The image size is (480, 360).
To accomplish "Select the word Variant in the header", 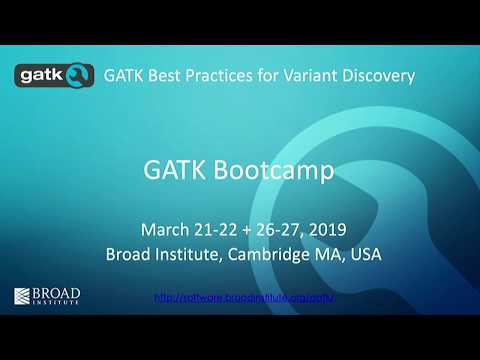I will [x=323, y=74].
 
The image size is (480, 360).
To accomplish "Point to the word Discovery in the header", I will [x=385, y=74].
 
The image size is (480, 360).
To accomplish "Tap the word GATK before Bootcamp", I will [x=174, y=172].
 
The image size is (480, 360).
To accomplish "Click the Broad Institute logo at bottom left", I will [x=46, y=297].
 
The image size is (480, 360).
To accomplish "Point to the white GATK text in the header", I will [x=124, y=74].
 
